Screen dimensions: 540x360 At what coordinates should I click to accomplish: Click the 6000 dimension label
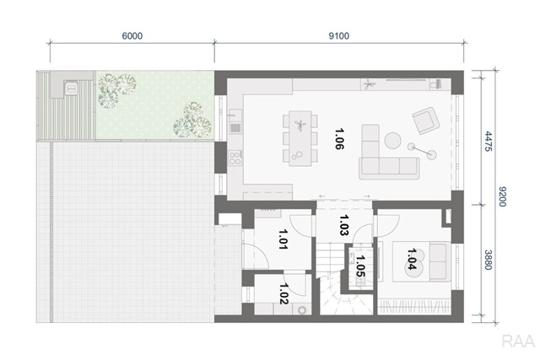click(x=132, y=35)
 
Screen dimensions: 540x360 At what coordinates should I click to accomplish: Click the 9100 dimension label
click(x=339, y=35)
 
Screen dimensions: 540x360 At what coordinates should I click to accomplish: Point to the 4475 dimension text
click(x=488, y=141)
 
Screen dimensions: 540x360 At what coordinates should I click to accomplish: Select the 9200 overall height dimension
click(x=503, y=196)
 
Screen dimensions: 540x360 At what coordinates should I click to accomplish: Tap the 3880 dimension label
click(x=488, y=260)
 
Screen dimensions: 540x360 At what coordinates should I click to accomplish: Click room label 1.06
click(x=339, y=139)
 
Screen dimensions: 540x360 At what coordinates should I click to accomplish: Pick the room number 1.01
click(x=283, y=239)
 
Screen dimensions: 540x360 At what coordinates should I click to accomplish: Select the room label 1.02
click(x=284, y=293)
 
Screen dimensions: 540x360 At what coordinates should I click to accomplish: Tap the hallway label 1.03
click(x=344, y=225)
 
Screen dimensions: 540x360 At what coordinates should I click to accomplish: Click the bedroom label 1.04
click(x=412, y=259)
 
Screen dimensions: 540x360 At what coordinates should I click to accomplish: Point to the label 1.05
click(x=360, y=266)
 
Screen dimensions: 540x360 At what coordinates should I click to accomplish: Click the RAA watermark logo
click(x=518, y=341)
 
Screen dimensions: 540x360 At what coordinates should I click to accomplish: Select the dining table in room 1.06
click(x=300, y=138)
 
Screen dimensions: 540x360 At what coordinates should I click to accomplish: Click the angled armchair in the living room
click(x=426, y=121)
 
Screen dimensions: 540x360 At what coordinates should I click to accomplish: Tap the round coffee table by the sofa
click(x=393, y=141)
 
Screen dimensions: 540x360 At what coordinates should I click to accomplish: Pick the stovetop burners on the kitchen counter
click(x=235, y=159)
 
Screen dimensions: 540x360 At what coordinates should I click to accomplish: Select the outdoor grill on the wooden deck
click(x=71, y=88)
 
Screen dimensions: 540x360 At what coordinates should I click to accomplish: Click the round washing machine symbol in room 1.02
click(x=302, y=310)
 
